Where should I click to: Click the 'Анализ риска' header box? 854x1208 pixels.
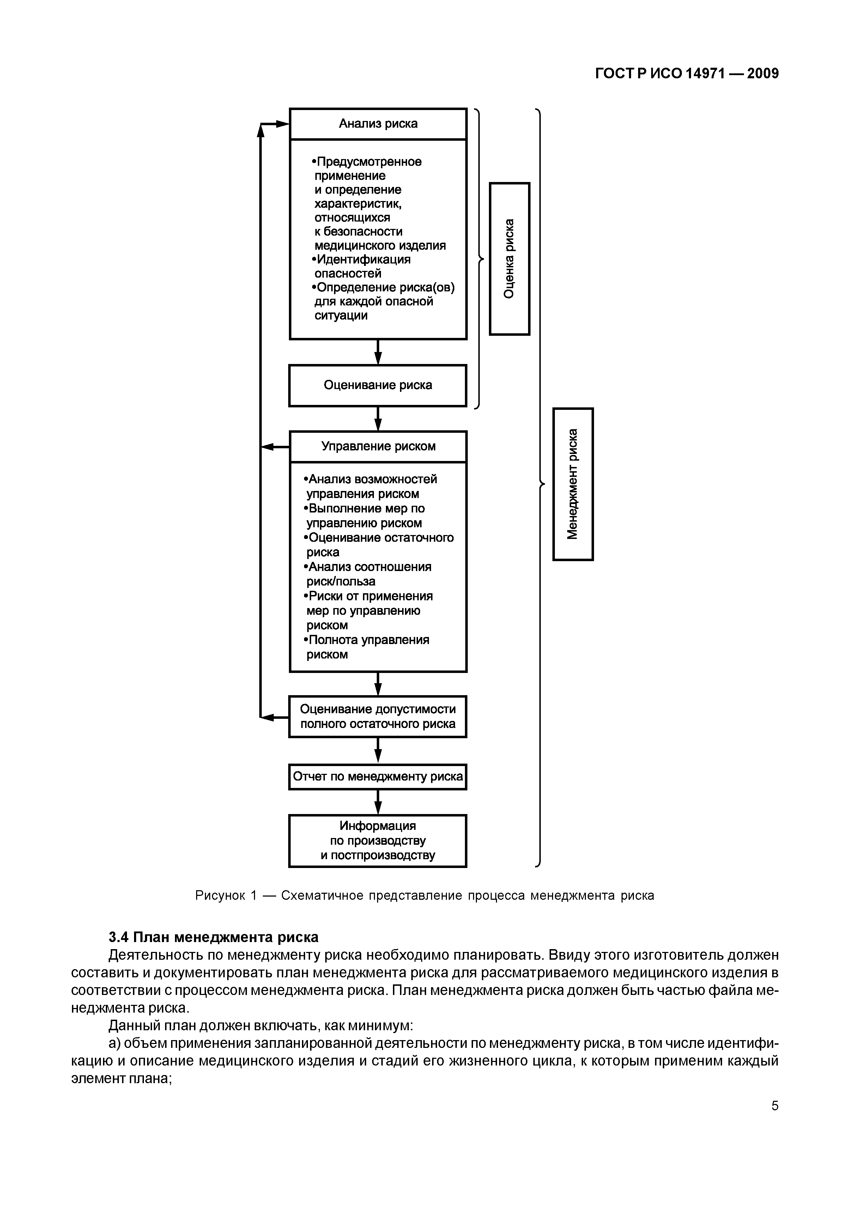tap(378, 124)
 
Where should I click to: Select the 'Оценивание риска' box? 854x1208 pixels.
tap(378, 385)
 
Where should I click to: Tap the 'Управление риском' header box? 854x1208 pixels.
tap(378, 446)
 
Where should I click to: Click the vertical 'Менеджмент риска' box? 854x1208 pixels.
tap(573, 484)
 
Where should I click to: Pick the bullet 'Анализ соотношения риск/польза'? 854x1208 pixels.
tap(368, 574)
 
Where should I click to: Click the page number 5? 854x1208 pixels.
tap(775, 1105)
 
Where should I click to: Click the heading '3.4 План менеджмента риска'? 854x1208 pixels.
tap(213, 937)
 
